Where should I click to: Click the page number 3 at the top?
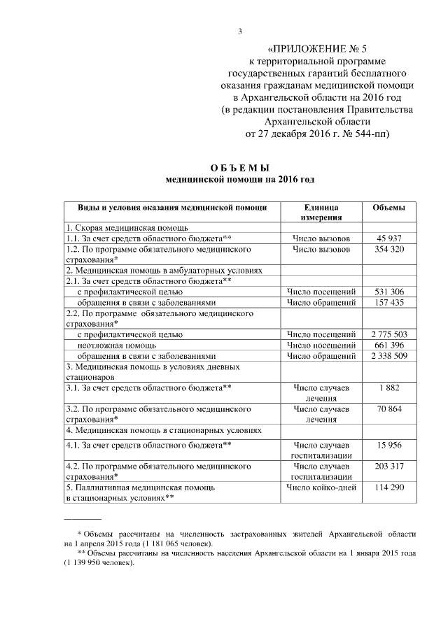click(x=239, y=31)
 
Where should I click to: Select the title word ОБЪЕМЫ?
click(x=239, y=167)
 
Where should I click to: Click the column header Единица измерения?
click(x=321, y=213)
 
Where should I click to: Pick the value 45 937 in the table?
click(x=388, y=239)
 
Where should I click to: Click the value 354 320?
click(x=388, y=249)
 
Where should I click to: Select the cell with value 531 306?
click(x=388, y=292)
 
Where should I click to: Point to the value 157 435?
click(x=388, y=302)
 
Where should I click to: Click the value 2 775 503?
click(x=388, y=334)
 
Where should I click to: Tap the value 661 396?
click(x=388, y=345)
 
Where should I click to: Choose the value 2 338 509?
click(x=388, y=355)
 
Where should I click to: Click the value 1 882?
click(x=388, y=387)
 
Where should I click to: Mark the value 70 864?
click(x=388, y=408)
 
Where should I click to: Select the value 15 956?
click(x=388, y=444)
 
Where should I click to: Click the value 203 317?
click(x=388, y=465)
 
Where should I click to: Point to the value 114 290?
click(x=388, y=486)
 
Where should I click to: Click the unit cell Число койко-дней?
click(x=321, y=486)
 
